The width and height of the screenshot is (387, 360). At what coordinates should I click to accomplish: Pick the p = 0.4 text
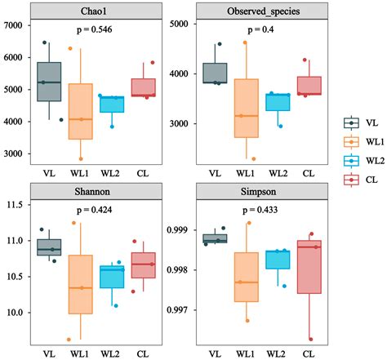click(x=261, y=29)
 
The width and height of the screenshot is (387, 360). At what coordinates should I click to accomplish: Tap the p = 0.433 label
click(x=261, y=209)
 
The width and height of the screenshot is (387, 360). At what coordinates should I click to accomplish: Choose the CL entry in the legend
click(x=365, y=178)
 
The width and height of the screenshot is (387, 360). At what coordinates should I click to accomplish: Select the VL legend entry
click(x=365, y=122)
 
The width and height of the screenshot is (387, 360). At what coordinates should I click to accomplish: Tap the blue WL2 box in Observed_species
click(x=277, y=102)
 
